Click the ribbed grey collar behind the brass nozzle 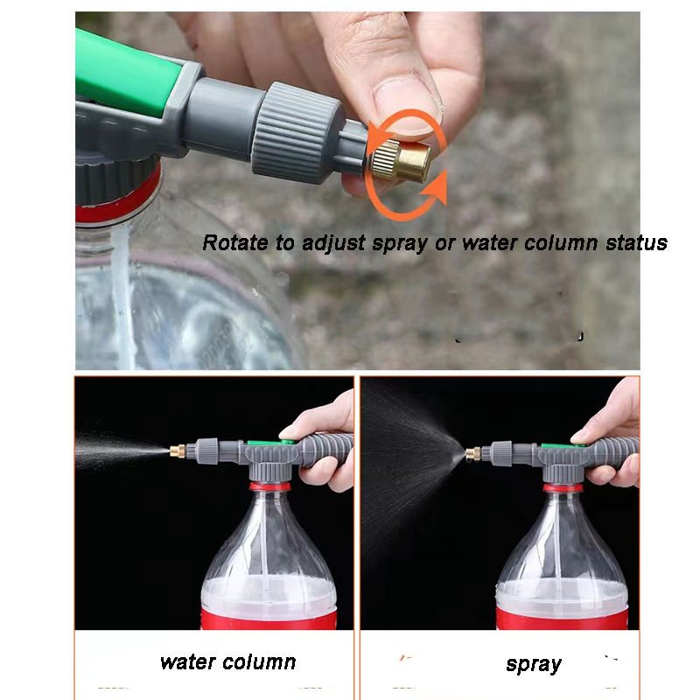(297, 133)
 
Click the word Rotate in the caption (235, 243)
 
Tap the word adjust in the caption (334, 244)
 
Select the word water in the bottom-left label (188, 662)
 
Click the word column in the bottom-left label (259, 662)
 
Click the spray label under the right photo (534, 665)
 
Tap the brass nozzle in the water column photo (178, 451)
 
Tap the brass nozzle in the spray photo (473, 454)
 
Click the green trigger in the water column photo (271, 442)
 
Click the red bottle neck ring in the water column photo (269, 486)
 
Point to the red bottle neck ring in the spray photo (563, 487)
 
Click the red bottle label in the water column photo (269, 619)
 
